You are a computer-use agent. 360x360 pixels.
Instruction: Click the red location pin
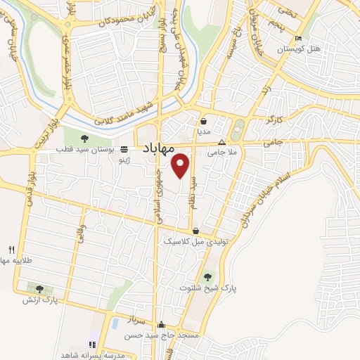click(181, 165)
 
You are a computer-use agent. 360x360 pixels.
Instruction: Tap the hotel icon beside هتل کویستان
click(300, 38)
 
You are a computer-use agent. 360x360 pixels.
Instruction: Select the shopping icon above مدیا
click(204, 120)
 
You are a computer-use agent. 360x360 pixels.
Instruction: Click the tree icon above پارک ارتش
click(39, 289)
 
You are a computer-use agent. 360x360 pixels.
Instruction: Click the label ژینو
click(124, 160)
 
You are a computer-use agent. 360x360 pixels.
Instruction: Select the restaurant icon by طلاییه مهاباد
click(11, 250)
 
